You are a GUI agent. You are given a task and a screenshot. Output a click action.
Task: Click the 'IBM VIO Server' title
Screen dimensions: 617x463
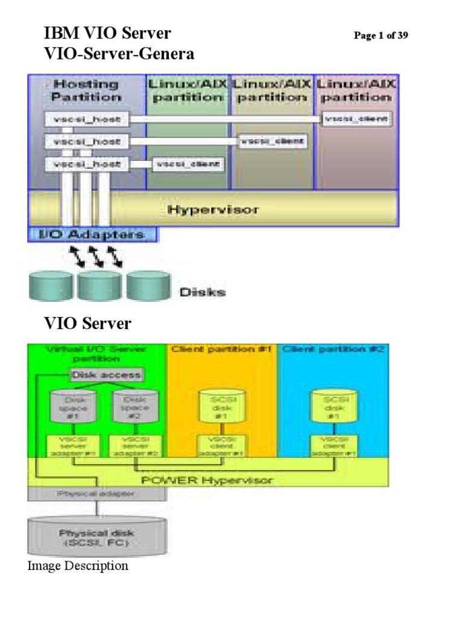click(108, 34)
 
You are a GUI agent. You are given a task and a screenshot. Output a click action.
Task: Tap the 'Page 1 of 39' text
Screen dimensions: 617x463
click(380, 36)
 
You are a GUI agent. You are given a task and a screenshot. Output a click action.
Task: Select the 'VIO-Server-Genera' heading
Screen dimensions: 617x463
click(119, 54)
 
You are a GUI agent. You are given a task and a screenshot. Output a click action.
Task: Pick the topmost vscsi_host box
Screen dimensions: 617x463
click(86, 119)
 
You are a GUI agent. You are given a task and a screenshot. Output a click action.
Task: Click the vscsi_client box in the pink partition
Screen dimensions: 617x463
click(357, 119)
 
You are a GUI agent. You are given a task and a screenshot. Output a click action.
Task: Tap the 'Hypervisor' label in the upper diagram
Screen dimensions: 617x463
click(213, 210)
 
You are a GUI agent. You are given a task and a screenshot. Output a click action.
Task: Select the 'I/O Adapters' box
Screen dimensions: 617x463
click(92, 234)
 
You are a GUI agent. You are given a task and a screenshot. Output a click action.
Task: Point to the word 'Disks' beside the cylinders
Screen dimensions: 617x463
click(202, 292)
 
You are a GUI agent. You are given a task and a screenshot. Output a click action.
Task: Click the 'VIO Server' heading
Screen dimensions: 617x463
click(88, 324)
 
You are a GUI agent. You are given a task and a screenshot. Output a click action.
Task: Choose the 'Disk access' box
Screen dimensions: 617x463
click(106, 375)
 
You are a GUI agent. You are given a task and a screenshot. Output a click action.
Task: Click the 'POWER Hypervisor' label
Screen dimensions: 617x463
click(207, 480)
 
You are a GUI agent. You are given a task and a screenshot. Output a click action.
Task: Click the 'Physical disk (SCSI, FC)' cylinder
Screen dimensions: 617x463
click(96, 537)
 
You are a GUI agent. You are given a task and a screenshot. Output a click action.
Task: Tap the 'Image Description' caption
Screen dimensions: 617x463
click(78, 566)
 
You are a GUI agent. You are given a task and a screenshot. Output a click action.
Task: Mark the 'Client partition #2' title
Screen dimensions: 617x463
click(332, 349)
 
